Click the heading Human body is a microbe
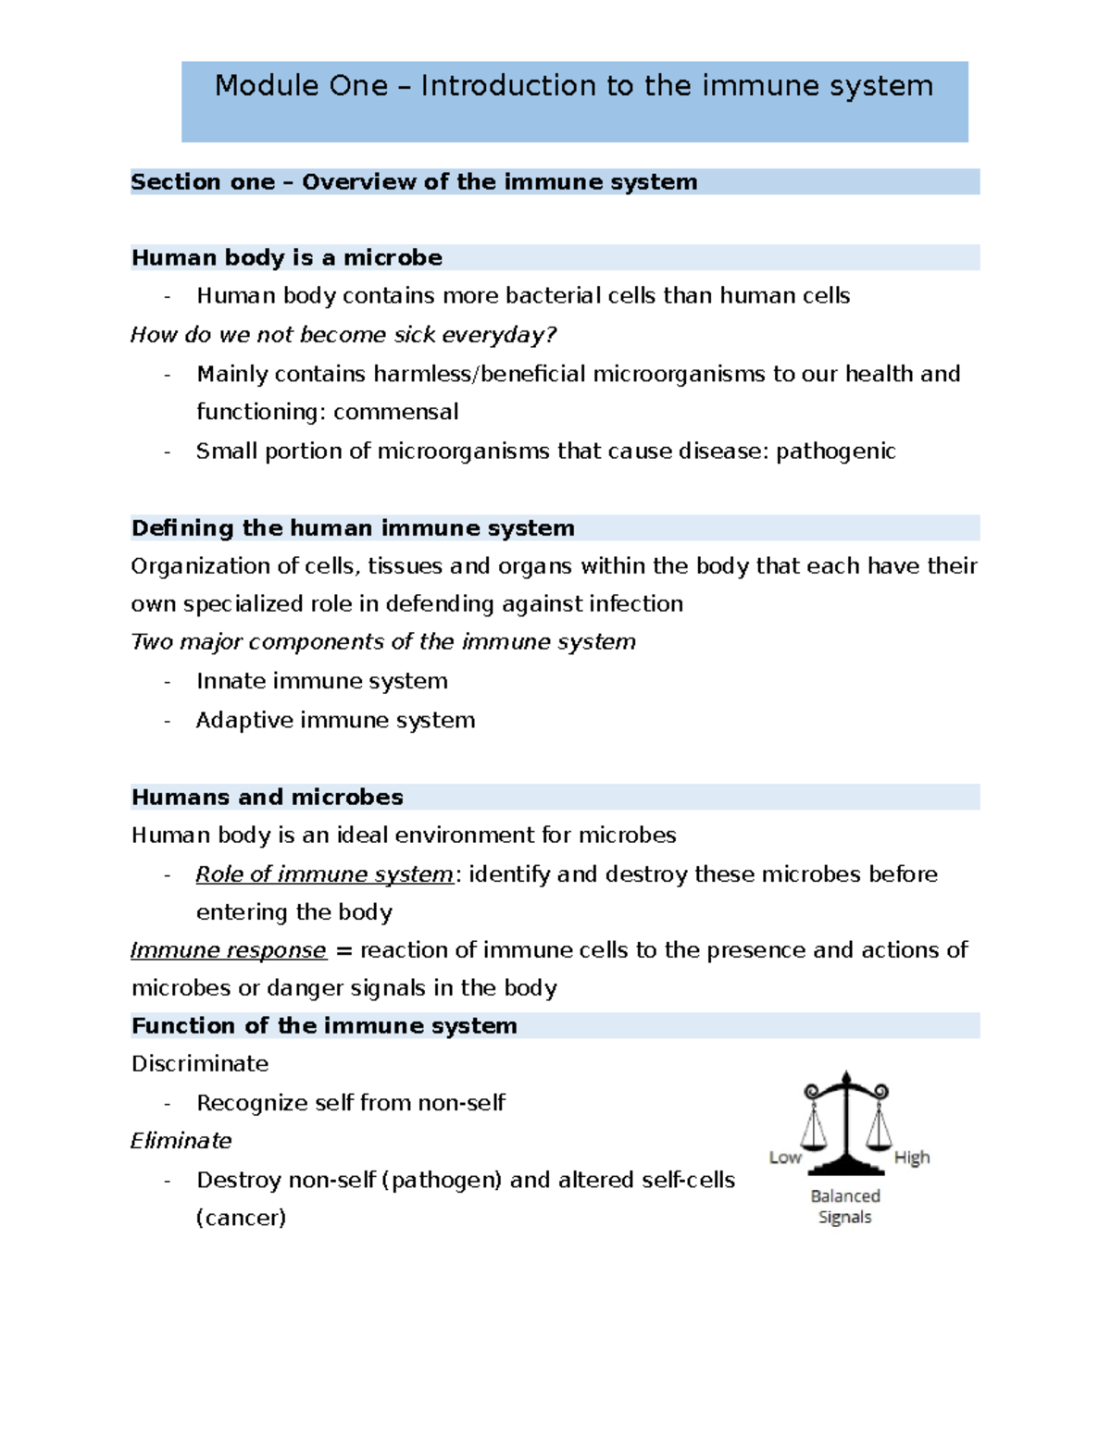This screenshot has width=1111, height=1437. [286, 257]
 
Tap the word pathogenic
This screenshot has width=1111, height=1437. [835, 452]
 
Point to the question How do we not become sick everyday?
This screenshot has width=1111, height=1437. [343, 335]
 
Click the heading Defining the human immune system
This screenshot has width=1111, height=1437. [352, 528]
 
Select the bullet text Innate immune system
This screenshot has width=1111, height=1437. [321, 682]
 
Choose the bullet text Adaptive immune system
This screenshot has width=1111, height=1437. [335, 721]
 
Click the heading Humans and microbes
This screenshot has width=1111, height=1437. [267, 798]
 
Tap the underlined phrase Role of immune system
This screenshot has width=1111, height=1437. [324, 874]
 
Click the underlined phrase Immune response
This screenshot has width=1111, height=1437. [228, 950]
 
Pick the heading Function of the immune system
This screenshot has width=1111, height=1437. [323, 1026]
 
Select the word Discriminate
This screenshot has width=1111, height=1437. [199, 1064]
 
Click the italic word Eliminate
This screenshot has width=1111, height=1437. [181, 1141]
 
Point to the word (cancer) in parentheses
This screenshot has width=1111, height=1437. [241, 1218]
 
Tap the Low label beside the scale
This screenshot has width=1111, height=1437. [784, 1158]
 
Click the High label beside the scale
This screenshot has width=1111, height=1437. [911, 1158]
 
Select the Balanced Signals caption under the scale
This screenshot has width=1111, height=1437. [844, 1207]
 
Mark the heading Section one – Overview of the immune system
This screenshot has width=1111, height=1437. [414, 182]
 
